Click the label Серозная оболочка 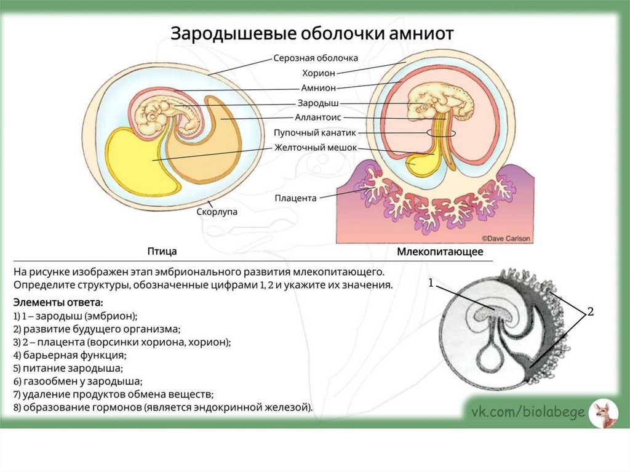click(x=316, y=58)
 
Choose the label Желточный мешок click(x=311, y=148)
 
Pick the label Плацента click(x=296, y=198)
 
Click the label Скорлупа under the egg click(x=217, y=211)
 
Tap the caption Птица click(x=162, y=251)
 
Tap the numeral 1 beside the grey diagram click(x=431, y=282)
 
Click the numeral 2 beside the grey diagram click(x=590, y=312)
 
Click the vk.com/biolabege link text click(x=527, y=412)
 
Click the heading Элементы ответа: click(x=58, y=302)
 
